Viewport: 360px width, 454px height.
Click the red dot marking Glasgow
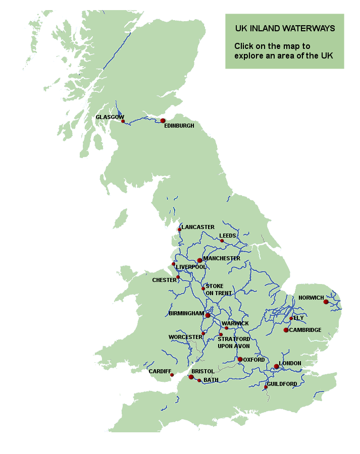123,122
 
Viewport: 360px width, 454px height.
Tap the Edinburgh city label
179,126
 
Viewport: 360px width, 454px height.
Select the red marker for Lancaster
179,230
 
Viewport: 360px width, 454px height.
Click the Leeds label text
228,236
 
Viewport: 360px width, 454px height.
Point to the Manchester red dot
200,260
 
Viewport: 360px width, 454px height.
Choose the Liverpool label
191,266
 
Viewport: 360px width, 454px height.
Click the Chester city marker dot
178,277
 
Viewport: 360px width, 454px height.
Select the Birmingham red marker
208,315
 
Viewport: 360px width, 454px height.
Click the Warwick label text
238,323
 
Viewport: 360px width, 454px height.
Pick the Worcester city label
185,337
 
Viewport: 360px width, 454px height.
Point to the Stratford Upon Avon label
234,343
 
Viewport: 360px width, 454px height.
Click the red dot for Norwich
326,302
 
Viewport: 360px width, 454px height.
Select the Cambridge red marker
286,330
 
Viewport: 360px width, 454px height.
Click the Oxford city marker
240,360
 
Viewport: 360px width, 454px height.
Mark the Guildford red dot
266,387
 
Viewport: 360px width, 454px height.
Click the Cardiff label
159,371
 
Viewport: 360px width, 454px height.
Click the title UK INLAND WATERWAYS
285,29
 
